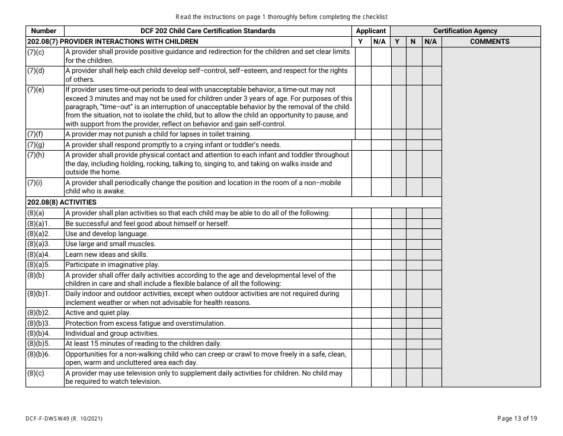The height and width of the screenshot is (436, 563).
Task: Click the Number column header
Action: [x=44, y=31]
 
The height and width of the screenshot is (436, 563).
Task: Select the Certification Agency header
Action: [x=465, y=31]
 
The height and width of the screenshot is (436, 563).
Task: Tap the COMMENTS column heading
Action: [x=490, y=42]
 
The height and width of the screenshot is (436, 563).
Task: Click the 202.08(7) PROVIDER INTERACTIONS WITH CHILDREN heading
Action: [x=113, y=42]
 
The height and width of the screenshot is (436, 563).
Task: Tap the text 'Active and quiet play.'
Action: [x=98, y=313]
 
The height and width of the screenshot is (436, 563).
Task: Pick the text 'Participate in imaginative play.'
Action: [x=112, y=265]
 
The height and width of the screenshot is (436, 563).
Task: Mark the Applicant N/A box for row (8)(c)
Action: [x=379, y=377]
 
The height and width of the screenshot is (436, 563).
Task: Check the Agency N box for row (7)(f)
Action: [x=414, y=134]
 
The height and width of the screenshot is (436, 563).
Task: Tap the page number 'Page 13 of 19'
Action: [x=517, y=418]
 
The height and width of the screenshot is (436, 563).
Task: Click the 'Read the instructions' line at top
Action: [x=281, y=17]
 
